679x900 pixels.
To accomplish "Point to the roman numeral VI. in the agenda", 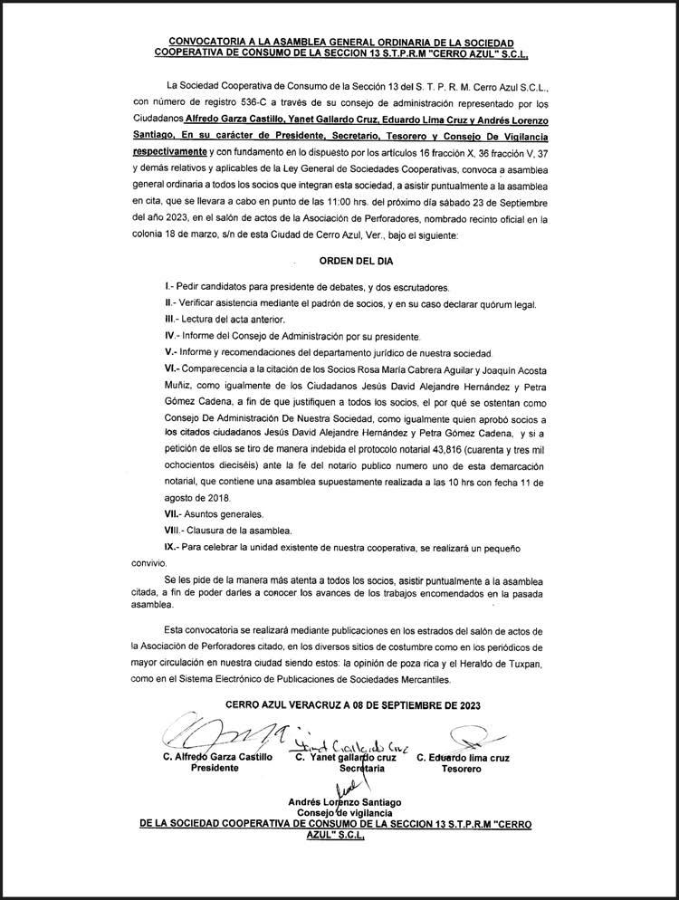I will [x=170, y=369].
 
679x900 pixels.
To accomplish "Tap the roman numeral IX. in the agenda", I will [x=169, y=547].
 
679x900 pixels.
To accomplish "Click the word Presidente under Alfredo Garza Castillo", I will [x=214, y=768].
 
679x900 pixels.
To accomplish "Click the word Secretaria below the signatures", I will [x=357, y=768].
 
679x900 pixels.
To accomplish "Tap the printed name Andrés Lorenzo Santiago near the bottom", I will [x=344, y=801].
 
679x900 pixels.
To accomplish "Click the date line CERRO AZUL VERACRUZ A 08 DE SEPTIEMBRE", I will [x=339, y=704].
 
